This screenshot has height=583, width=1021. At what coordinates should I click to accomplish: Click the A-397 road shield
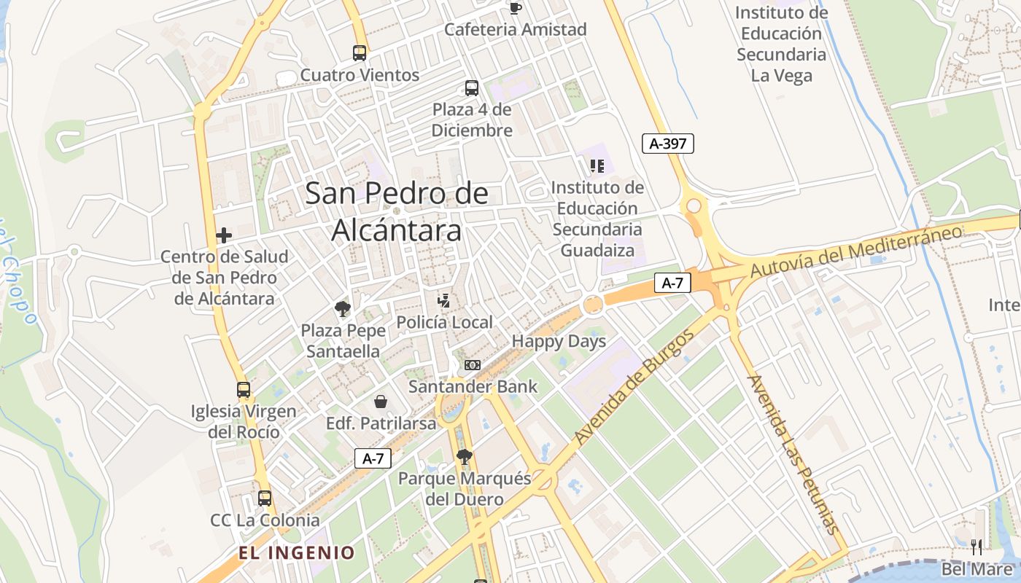(x=667, y=144)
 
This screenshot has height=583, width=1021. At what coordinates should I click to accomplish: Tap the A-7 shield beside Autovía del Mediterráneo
(x=672, y=283)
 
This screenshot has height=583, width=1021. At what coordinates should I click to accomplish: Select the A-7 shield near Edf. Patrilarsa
(x=373, y=458)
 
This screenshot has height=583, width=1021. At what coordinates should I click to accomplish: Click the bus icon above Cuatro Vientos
(x=360, y=52)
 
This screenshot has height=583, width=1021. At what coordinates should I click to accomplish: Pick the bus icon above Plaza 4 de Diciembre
(x=472, y=88)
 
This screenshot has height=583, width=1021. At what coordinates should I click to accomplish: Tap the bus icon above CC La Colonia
(x=265, y=498)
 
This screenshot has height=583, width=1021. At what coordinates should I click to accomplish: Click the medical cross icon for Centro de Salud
(x=224, y=235)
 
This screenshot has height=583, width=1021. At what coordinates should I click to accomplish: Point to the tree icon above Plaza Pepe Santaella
(x=343, y=309)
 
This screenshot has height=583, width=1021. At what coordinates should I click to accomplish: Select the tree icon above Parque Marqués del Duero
(x=464, y=457)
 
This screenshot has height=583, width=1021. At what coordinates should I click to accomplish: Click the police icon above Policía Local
(x=443, y=300)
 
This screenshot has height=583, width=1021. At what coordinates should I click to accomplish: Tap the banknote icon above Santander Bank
(x=473, y=364)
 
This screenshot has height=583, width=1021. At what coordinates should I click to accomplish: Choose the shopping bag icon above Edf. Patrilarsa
(x=381, y=402)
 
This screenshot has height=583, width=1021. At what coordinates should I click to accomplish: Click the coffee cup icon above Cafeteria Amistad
(x=516, y=8)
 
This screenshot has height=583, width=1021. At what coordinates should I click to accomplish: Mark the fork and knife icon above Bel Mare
(x=977, y=547)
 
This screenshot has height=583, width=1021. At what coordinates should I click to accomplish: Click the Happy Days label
(x=559, y=341)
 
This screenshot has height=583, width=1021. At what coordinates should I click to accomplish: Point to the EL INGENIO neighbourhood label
(x=296, y=552)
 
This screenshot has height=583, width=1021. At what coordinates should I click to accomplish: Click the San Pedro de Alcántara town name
(x=397, y=211)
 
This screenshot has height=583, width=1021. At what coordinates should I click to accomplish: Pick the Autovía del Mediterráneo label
(x=856, y=251)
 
